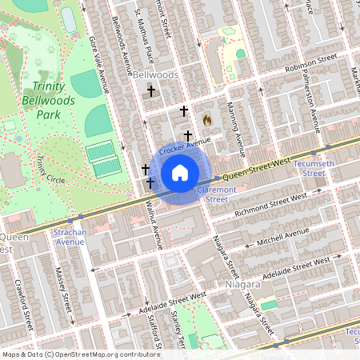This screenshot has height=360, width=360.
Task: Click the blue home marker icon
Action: (x=180, y=173)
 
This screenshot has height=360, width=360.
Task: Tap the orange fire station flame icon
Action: (x=206, y=120)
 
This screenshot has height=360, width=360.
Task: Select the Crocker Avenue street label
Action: (x=184, y=146)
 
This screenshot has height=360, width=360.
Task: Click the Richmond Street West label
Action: (x=270, y=206)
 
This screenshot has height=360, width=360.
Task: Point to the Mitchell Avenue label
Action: (x=282, y=236)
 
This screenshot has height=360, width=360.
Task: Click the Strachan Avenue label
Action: (x=70, y=236)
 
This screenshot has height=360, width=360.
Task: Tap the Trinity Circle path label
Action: (x=50, y=168)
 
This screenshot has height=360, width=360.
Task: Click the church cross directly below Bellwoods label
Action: (x=150, y=92)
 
